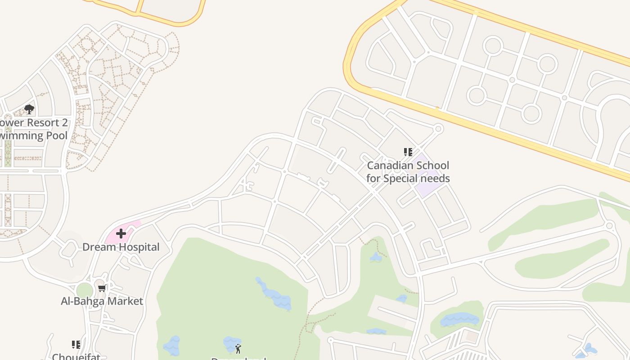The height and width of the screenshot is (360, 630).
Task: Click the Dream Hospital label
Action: coord(121,247)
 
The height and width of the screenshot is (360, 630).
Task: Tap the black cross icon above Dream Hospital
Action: coord(121,234)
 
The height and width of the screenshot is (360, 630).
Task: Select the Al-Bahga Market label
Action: coord(102,301)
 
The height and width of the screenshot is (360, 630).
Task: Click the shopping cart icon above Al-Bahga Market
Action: coord(102,288)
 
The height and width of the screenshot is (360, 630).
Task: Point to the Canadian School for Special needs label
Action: coord(408,172)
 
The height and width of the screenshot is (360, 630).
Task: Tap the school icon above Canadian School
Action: coord(408,152)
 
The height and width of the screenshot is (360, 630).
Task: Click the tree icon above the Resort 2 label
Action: coord(29,109)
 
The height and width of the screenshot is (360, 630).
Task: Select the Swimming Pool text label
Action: coord(34,135)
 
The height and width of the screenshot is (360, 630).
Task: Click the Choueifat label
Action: coord(76,356)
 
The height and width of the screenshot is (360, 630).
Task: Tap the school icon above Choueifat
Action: coord(76,345)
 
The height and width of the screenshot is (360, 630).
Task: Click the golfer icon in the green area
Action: coord(238,348)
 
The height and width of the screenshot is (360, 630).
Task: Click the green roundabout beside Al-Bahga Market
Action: coord(84,291)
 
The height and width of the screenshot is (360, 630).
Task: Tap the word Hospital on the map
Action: coord(138,247)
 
